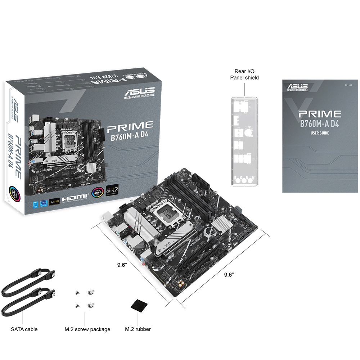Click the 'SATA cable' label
pos(24,329)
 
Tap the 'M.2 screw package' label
pos(87,329)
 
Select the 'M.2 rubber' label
pos(138,329)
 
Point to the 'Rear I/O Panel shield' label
pos(244,75)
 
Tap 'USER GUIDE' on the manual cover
pos(320,133)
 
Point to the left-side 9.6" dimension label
pos(122,265)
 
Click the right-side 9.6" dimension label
pos(229,275)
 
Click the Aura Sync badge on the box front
pos(98,193)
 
